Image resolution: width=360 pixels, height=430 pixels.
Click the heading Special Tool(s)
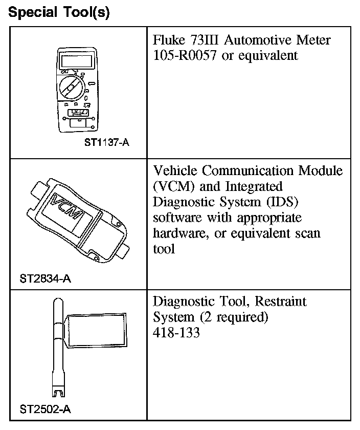point(59,12)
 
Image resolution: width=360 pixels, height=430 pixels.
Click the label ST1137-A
point(106,143)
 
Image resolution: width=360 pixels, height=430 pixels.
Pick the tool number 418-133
point(176,333)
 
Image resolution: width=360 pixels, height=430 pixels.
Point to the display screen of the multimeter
point(75,61)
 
